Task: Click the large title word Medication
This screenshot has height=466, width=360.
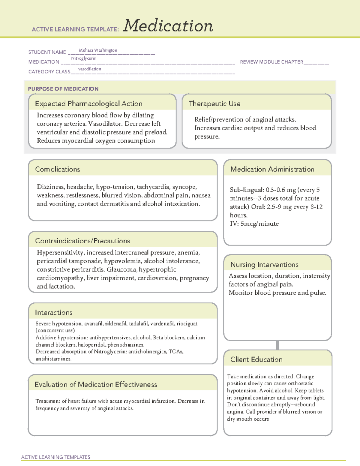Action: pyautogui.click(x=168, y=26)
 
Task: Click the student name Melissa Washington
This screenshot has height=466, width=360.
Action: pyautogui.click(x=98, y=50)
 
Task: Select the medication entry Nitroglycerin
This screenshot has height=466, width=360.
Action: pyautogui.click(x=84, y=58)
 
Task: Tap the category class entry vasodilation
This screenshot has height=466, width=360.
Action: pyautogui.click(x=89, y=69)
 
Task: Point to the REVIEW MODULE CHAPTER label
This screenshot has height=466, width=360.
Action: pyautogui.click(x=271, y=62)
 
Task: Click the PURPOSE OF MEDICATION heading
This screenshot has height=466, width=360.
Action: pyautogui.click(x=63, y=89)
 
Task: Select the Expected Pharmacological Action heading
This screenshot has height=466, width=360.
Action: pyautogui.click(x=88, y=104)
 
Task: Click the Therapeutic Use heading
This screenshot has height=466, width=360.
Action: pyautogui.click(x=214, y=104)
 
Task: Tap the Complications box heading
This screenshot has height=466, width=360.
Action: pyautogui.click(x=57, y=169)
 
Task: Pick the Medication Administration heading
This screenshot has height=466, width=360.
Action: pyautogui.click(x=272, y=169)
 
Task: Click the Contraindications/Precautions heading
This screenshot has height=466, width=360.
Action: pyautogui.click(x=82, y=241)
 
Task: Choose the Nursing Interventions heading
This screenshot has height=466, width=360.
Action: pyautogui.click(x=264, y=264)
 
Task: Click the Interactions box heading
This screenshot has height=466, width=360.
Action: pyautogui.click(x=53, y=312)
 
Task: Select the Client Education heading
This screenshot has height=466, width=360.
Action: pyautogui.click(x=256, y=359)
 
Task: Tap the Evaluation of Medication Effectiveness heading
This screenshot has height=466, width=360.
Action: pyautogui.click(x=95, y=384)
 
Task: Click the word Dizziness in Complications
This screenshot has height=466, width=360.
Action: pyautogui.click(x=50, y=187)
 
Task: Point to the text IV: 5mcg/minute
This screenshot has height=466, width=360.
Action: pyautogui.click(x=254, y=224)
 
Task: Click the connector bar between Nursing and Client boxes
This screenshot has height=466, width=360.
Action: pyautogui.click(x=277, y=345)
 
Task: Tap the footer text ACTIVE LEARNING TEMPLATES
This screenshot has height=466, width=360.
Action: pyautogui.click(x=55, y=457)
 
